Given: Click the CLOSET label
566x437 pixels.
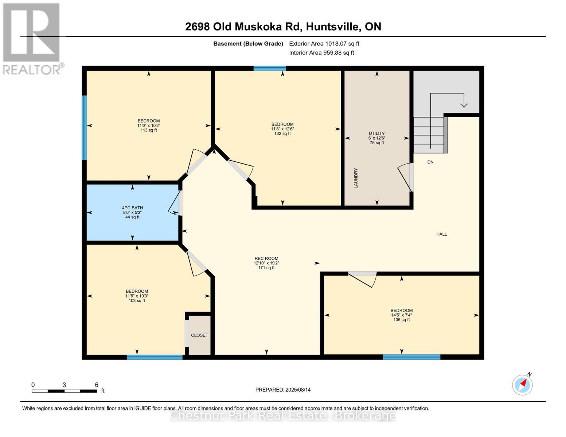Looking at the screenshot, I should tap(199, 335).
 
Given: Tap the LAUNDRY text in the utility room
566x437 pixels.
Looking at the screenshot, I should tap(356, 178).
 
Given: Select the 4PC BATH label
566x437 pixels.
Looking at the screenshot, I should tap(132, 208).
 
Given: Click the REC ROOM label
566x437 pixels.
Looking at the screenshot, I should tap(266, 259).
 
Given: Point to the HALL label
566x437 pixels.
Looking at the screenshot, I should tap(441, 234).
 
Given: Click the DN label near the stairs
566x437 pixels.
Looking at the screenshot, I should tap(430, 162).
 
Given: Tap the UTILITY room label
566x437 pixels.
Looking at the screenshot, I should tap(376, 134).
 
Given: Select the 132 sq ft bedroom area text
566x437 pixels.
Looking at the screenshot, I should tap(282, 134).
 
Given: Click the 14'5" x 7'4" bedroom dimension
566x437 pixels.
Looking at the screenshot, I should tap(401, 315).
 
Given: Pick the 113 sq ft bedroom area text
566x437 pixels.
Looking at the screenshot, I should tap(148, 130).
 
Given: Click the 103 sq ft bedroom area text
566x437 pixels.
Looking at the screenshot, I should tap(137, 300).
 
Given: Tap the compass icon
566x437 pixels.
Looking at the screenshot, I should tap(522, 385).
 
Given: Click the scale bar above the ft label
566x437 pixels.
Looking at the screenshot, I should tap(64, 391).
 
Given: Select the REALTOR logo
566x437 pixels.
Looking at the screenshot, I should tap(32, 38).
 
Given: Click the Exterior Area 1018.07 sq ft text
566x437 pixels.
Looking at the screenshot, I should tap(324, 44).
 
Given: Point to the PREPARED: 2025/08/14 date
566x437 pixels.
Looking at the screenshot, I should tap(283, 390).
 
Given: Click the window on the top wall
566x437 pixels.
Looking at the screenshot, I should tap(270, 68).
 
